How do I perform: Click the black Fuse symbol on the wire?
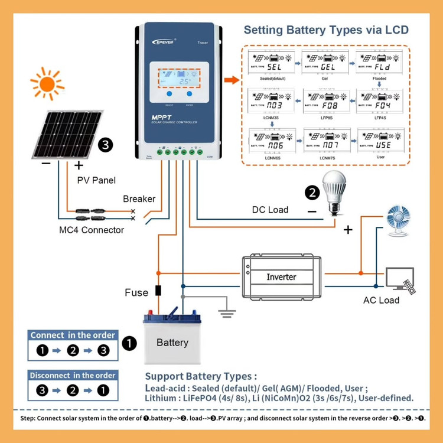pos(158,291)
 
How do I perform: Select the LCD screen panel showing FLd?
pos(380,62)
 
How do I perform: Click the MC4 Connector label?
pos(92,230)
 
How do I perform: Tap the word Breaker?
pos(139,199)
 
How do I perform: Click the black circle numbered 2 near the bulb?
pos(312,192)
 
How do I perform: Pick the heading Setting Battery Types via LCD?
pos(326,30)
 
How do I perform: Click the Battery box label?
pos(172,343)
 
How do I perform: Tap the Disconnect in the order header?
pos(73,375)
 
